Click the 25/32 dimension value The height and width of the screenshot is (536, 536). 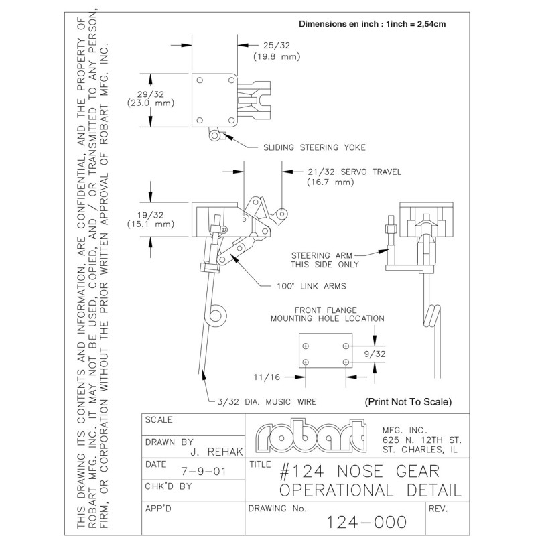point(268,45)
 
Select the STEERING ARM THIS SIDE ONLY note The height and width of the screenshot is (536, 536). point(325,259)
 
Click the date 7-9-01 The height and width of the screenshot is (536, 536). point(203,472)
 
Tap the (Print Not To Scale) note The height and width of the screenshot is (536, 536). point(408,403)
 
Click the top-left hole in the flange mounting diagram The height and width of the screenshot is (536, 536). point(306,346)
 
